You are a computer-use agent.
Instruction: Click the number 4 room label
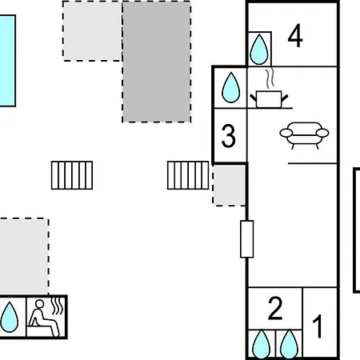tap(295, 36)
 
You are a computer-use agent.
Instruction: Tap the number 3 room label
tap(229, 136)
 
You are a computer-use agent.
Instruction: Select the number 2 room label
tap(275, 308)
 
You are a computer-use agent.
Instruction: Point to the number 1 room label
tap(318, 326)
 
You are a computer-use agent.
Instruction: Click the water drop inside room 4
tap(259, 50)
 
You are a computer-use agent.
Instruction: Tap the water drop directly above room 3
tap(231, 87)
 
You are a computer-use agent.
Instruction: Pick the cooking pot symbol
tap(269, 99)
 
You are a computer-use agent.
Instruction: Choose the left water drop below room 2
tap(261, 345)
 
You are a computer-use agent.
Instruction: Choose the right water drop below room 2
tap(289, 345)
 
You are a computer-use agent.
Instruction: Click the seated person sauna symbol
tap(44, 318)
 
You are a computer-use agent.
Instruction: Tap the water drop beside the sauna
tap(10, 318)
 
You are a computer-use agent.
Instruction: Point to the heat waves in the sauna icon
tap(58, 306)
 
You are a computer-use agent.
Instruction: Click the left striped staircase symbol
tap(72, 175)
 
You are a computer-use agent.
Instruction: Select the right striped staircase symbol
tap(188, 175)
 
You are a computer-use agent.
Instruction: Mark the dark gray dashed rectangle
tap(157, 62)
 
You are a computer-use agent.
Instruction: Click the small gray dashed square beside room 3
tap(229, 186)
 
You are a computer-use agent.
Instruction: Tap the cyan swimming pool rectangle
tap(7, 61)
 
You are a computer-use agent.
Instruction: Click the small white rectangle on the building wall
tap(247, 239)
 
